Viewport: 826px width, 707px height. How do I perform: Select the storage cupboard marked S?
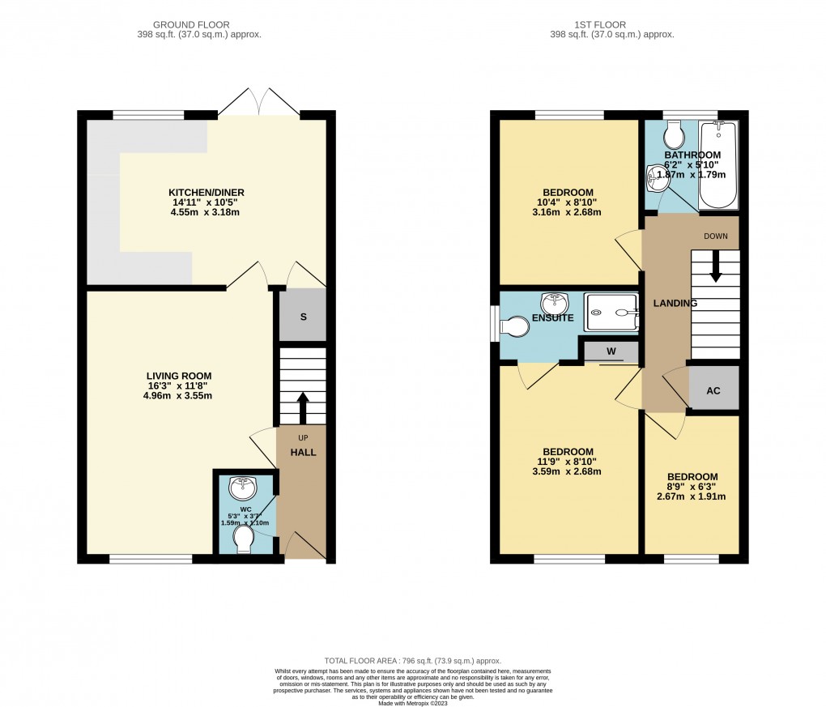pos(303,316)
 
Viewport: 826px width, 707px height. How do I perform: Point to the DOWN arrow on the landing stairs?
pos(715,267)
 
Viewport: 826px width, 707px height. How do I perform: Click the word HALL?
pos(304,452)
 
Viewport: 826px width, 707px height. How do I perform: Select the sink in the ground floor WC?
pos(243,488)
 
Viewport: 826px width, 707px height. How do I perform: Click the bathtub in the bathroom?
pos(718,164)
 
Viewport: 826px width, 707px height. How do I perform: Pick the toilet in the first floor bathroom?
pos(672,132)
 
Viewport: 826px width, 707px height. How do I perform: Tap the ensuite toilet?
pos(513,326)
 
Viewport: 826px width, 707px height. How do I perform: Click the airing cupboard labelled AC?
pos(713,390)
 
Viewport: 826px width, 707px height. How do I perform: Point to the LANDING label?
pos(676,303)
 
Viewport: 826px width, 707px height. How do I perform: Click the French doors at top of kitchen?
pos(259,104)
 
